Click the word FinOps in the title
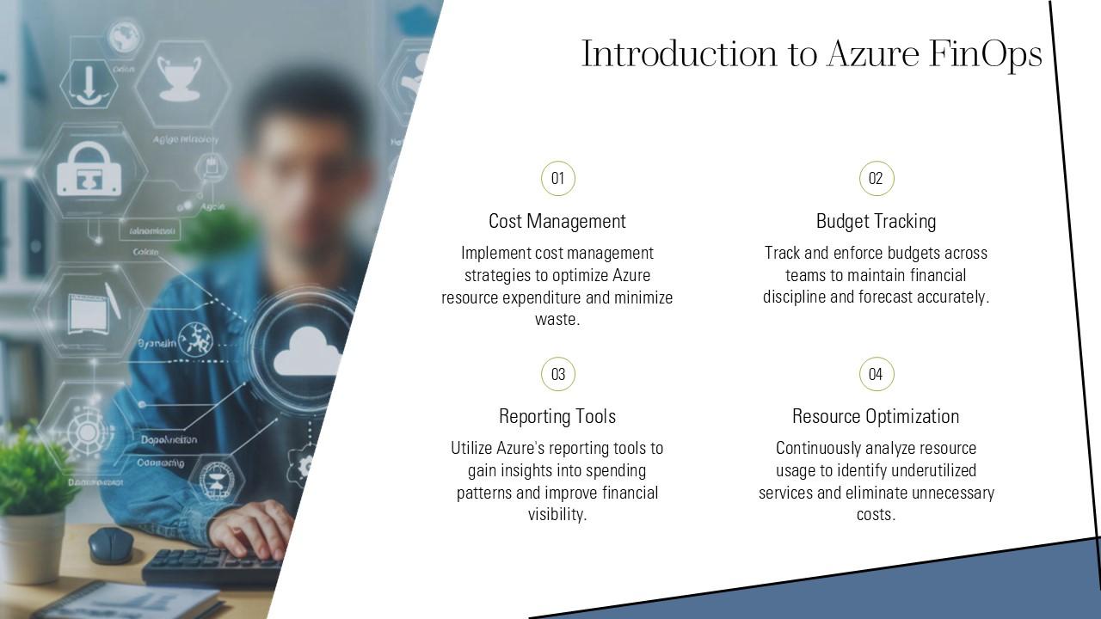click(986, 54)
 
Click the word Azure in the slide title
click(872, 54)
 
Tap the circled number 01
click(557, 179)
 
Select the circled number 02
click(876, 179)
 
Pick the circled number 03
click(557, 374)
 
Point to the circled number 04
click(876, 374)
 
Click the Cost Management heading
click(557, 221)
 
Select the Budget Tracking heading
click(876, 221)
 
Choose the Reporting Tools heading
click(557, 416)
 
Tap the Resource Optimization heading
click(876, 416)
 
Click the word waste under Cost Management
click(556, 320)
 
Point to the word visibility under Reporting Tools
click(556, 515)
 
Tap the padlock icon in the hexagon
click(84, 169)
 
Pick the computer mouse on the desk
click(111, 544)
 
